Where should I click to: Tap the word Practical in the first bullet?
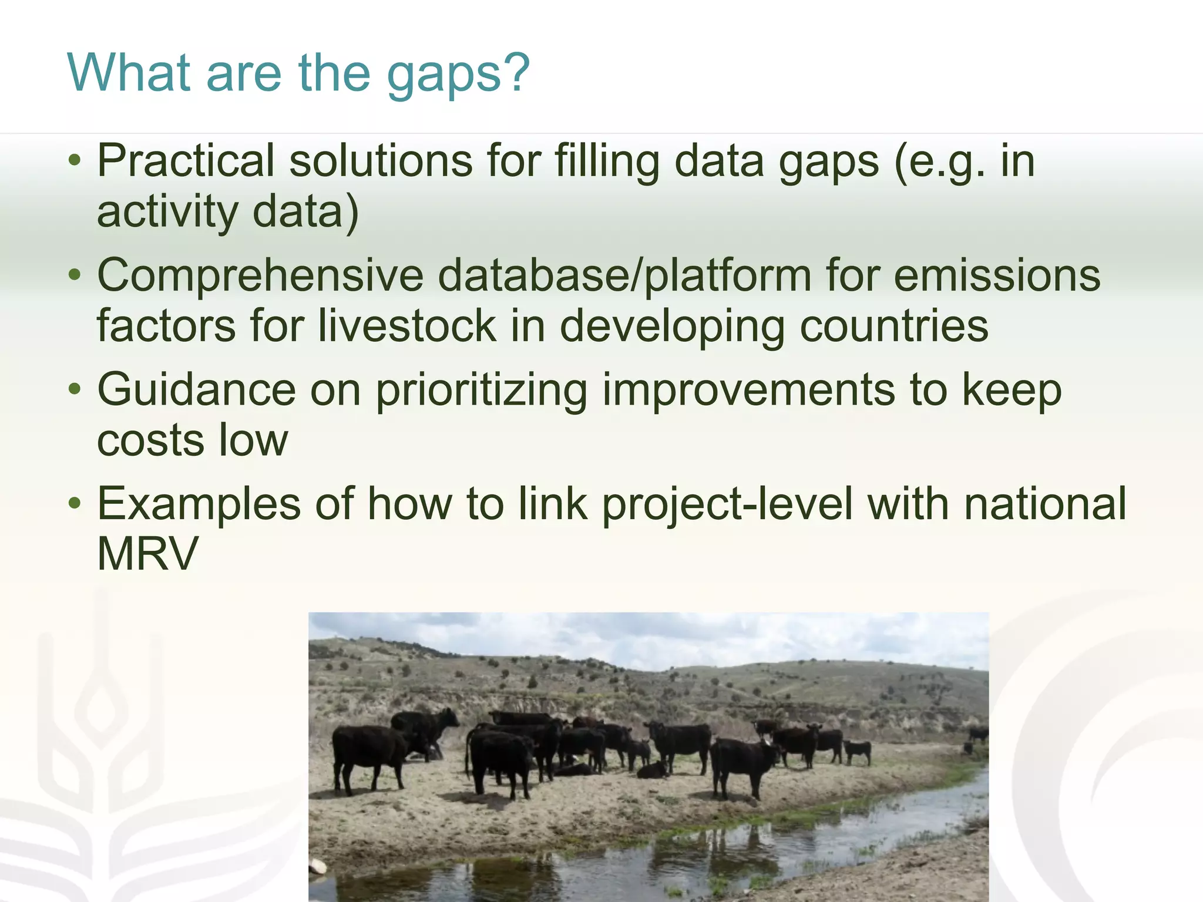coord(186,161)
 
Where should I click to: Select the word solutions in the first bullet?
coord(380,161)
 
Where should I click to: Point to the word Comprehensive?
coord(260,276)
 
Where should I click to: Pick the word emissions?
coord(997,276)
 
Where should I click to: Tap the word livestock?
coord(407,326)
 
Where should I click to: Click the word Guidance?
coord(196,390)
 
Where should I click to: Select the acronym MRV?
coord(147,554)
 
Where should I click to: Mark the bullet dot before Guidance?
coord(74,390)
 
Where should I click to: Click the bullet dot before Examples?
coord(74,504)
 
